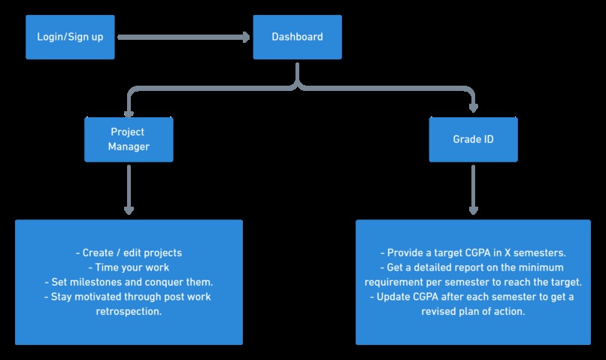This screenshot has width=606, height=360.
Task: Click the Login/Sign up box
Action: coord(70,37)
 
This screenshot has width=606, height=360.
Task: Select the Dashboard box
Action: coord(297,37)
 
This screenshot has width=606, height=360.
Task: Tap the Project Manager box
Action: coord(129,140)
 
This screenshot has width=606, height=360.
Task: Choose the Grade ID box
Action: coord(474,140)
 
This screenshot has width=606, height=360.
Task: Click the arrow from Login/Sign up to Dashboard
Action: coord(183,37)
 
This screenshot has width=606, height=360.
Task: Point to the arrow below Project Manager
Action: coord(129,190)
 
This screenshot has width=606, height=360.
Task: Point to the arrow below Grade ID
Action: coord(474,190)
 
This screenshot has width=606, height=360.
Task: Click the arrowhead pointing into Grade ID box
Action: coord(474,108)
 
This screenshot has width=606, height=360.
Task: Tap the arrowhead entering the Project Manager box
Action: coord(129,113)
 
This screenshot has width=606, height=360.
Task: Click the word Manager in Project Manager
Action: coord(129,147)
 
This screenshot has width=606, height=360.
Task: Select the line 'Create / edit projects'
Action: coord(129,253)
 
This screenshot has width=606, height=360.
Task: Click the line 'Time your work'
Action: coord(129,268)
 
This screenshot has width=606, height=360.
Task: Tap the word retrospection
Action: coord(129,311)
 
